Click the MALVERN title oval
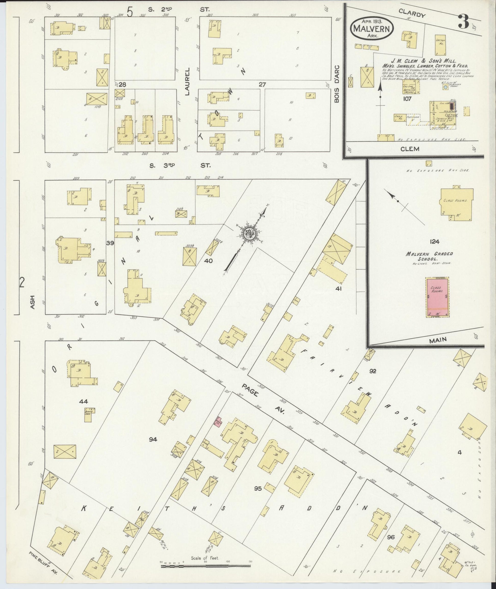(x=372, y=28)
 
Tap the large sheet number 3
(x=464, y=22)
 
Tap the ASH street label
(x=32, y=302)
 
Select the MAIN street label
(x=438, y=340)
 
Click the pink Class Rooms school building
(x=437, y=297)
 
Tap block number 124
(x=434, y=241)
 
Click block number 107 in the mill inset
(x=407, y=99)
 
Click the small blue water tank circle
(x=445, y=88)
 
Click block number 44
(x=84, y=401)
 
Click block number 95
(x=258, y=489)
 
